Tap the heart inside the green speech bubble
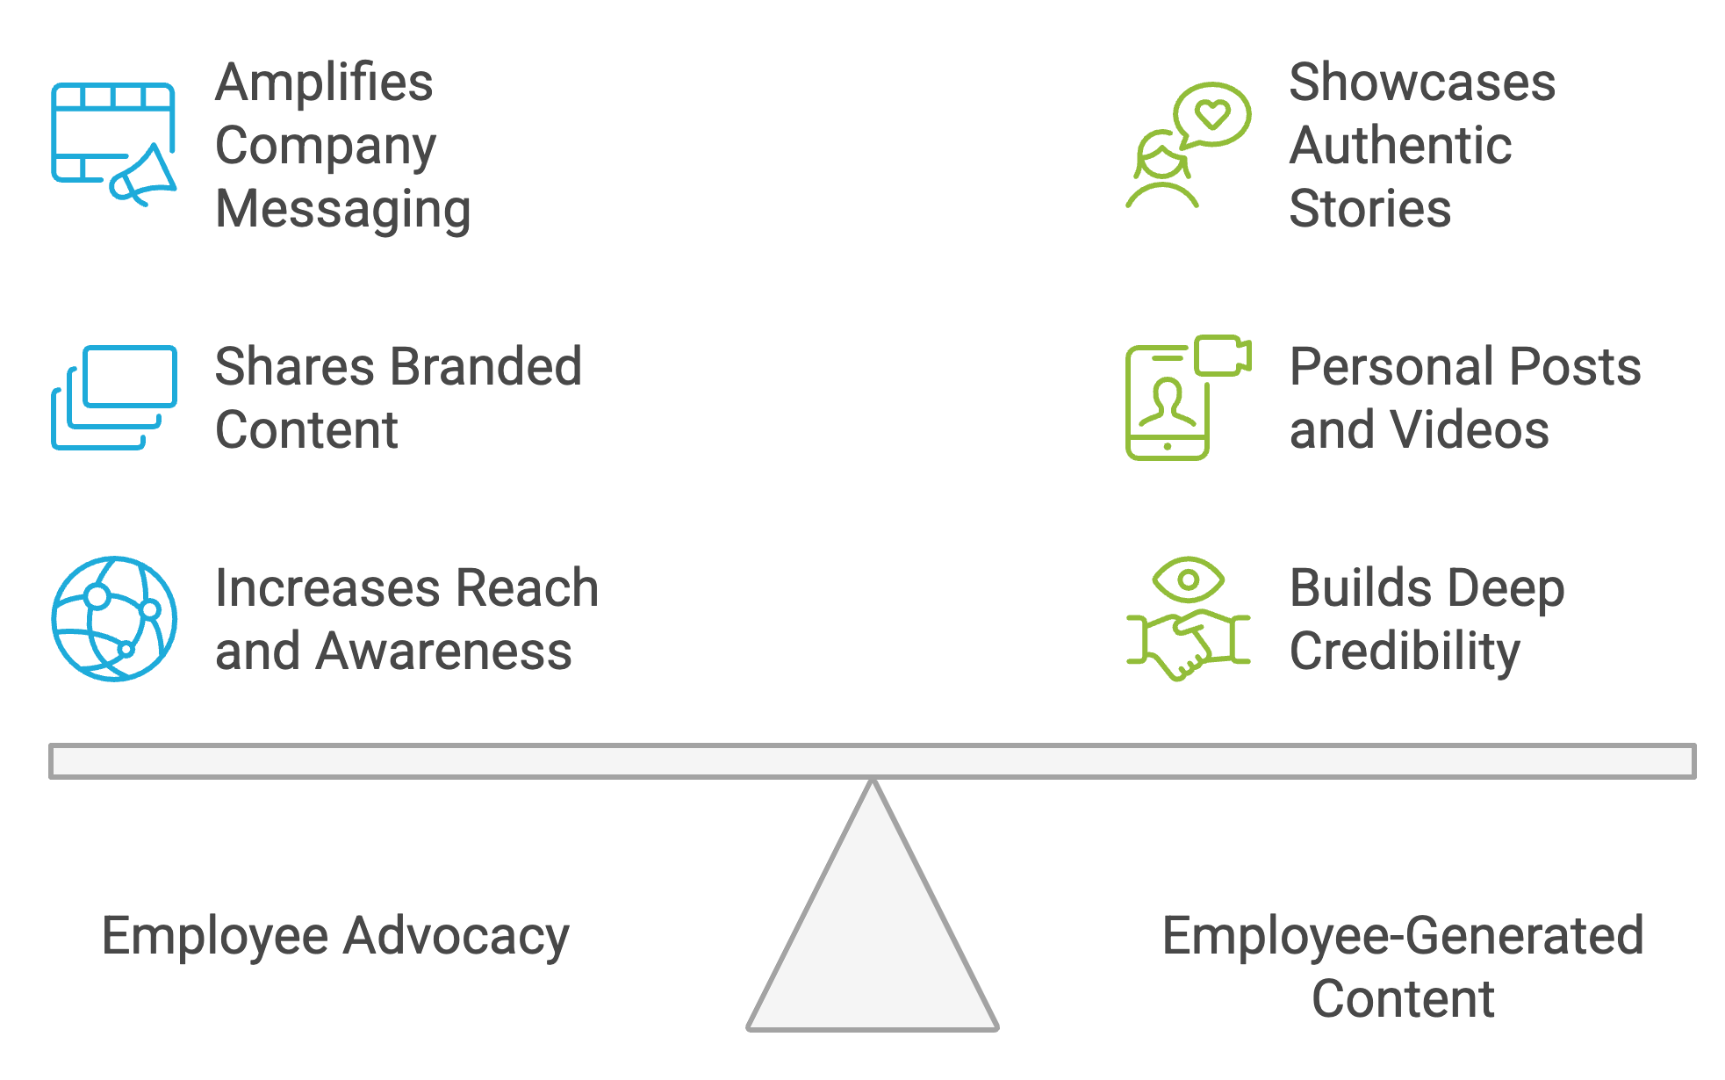(x=1212, y=114)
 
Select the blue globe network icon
(x=114, y=618)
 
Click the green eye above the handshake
(x=1188, y=580)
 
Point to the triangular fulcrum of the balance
(x=873, y=931)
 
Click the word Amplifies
(x=324, y=83)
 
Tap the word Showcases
(x=1422, y=83)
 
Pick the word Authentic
(x=1400, y=145)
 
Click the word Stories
(x=1369, y=209)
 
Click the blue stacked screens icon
(x=114, y=397)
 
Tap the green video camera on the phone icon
(x=1223, y=355)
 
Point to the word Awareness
(x=443, y=652)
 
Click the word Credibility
(x=1405, y=652)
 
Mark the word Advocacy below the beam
(x=456, y=936)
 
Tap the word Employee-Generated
(x=1403, y=936)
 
